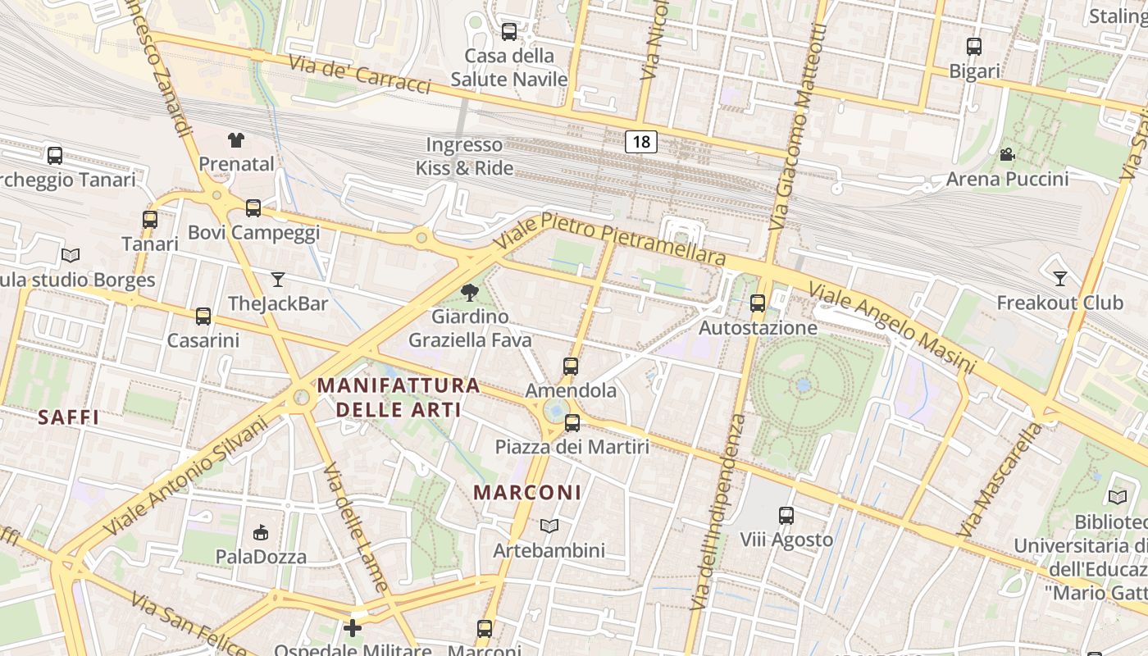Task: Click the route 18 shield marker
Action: click(x=641, y=142)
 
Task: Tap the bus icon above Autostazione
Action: click(x=758, y=303)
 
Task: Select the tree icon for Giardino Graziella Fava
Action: click(x=470, y=292)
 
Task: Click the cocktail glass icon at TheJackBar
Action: click(x=278, y=280)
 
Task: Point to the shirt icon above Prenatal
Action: click(x=236, y=139)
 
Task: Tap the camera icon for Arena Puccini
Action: click(x=1007, y=154)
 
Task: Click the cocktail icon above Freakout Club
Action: click(x=1059, y=279)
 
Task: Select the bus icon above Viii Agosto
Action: click(x=786, y=516)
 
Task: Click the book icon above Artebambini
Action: click(x=549, y=526)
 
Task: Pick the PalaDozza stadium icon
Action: click(x=261, y=533)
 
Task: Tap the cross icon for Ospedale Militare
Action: click(x=353, y=628)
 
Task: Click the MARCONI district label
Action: click(x=527, y=493)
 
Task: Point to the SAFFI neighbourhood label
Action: click(x=68, y=417)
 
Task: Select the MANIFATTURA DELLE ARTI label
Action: click(x=399, y=396)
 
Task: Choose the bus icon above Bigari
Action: click(x=973, y=47)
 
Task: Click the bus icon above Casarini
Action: click(x=203, y=316)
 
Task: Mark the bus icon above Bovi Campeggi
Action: click(x=253, y=208)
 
